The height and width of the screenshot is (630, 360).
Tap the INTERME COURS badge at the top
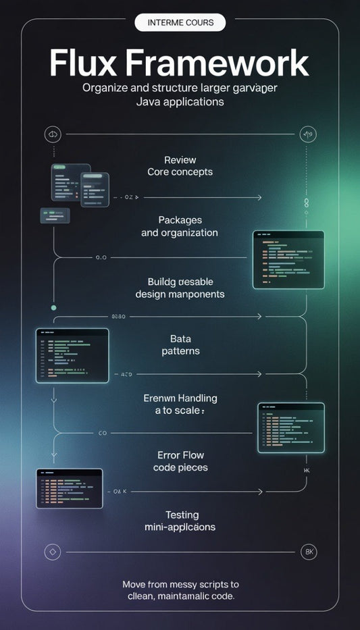[x=180, y=22]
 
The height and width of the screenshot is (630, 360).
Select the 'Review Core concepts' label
[x=180, y=166]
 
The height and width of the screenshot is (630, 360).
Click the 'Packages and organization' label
[x=180, y=226]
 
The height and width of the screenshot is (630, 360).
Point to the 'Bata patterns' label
[x=180, y=345]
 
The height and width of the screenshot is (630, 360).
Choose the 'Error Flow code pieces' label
[x=180, y=461]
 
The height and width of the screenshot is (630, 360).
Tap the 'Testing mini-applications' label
[x=180, y=521]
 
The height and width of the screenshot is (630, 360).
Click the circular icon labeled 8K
[x=308, y=552]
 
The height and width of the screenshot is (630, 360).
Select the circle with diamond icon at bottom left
[x=52, y=552]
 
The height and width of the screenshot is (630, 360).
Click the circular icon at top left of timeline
[x=52, y=134]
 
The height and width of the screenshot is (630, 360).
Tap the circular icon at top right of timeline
[x=308, y=134]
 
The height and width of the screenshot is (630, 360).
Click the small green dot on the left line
[x=53, y=307]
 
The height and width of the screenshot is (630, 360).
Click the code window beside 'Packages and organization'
[x=288, y=259]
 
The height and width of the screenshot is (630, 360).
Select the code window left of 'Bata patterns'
[x=72, y=355]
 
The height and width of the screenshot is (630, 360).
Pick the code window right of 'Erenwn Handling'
[x=291, y=427]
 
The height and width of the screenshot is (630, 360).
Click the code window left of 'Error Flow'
[x=70, y=488]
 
